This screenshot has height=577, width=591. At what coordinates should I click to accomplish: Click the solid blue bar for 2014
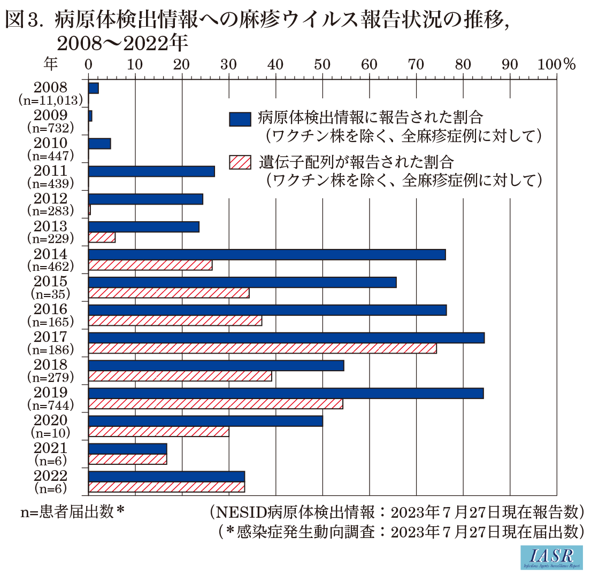coord(267,255)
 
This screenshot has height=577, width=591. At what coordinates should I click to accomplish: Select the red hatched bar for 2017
coord(262,348)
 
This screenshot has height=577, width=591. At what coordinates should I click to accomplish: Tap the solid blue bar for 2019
coord(286,393)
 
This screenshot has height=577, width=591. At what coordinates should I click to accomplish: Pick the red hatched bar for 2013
coord(102,237)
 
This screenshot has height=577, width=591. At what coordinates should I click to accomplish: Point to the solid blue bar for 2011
coord(151,171)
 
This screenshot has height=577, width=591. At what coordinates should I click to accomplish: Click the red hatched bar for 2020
coord(158,432)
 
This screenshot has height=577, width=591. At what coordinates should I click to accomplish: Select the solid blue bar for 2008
coord(94,88)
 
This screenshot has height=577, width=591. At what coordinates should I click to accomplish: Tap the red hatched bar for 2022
coord(166,487)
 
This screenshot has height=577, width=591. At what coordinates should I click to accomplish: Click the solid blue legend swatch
coord(240,119)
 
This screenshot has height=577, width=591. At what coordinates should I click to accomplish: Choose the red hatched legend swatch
coord(240,162)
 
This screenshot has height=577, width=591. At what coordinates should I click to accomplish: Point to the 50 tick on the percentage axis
coord(322,64)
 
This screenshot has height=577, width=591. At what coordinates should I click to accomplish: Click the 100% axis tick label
coord(556,64)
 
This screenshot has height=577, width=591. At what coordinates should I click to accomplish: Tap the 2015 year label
coord(51,282)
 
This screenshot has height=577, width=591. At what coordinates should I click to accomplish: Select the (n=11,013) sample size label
coord(51,100)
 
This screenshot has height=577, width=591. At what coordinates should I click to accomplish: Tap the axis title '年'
coord(51,64)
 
